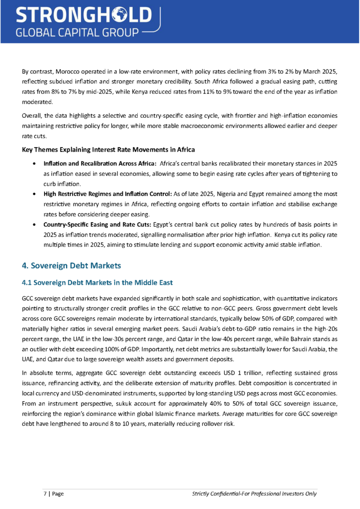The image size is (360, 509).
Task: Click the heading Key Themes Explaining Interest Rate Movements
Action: click(x=108, y=150)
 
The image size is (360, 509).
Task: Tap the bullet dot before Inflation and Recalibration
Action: click(x=33, y=164)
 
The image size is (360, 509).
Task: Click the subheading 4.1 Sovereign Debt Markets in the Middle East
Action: click(x=97, y=283)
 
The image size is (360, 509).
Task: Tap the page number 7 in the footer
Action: click(x=45, y=494)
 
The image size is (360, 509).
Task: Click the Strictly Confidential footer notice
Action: click(x=254, y=494)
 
